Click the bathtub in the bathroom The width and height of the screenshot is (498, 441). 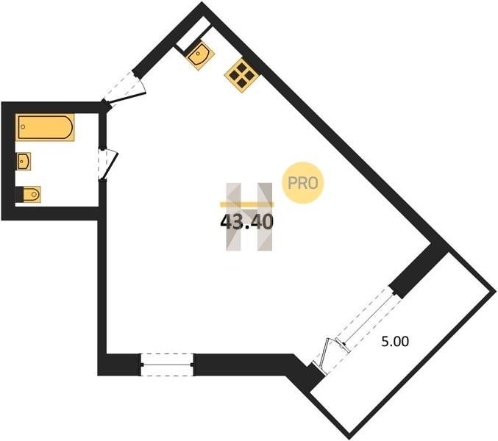46,127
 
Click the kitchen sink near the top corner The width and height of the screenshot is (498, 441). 199,54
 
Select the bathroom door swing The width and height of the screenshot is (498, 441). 109,163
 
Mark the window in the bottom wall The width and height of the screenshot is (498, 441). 166,364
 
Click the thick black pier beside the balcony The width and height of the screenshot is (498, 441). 418,269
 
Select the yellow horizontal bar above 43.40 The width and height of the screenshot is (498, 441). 246,204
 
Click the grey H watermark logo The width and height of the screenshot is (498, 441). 249,217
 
